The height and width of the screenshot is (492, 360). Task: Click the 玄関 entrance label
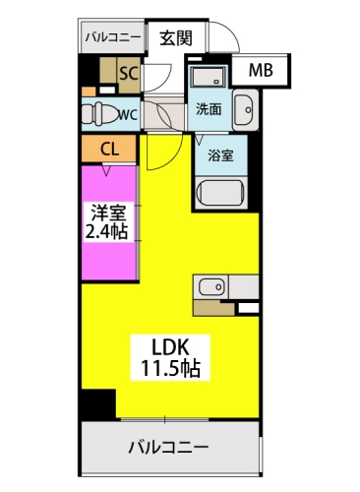click(176, 38)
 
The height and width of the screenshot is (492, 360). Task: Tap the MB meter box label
click(261, 70)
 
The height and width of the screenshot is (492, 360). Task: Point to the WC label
click(127, 112)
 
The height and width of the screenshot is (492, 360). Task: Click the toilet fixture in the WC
click(98, 111)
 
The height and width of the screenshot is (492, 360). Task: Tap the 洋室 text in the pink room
click(106, 212)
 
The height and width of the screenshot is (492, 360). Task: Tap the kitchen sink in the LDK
click(211, 287)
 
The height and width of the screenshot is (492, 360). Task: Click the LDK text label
click(167, 347)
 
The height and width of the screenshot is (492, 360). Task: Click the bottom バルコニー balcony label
click(167, 448)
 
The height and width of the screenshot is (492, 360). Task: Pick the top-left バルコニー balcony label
click(112, 38)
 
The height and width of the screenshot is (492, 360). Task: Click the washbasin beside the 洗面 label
click(244, 107)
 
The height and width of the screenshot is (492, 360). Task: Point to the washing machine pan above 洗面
click(208, 78)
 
